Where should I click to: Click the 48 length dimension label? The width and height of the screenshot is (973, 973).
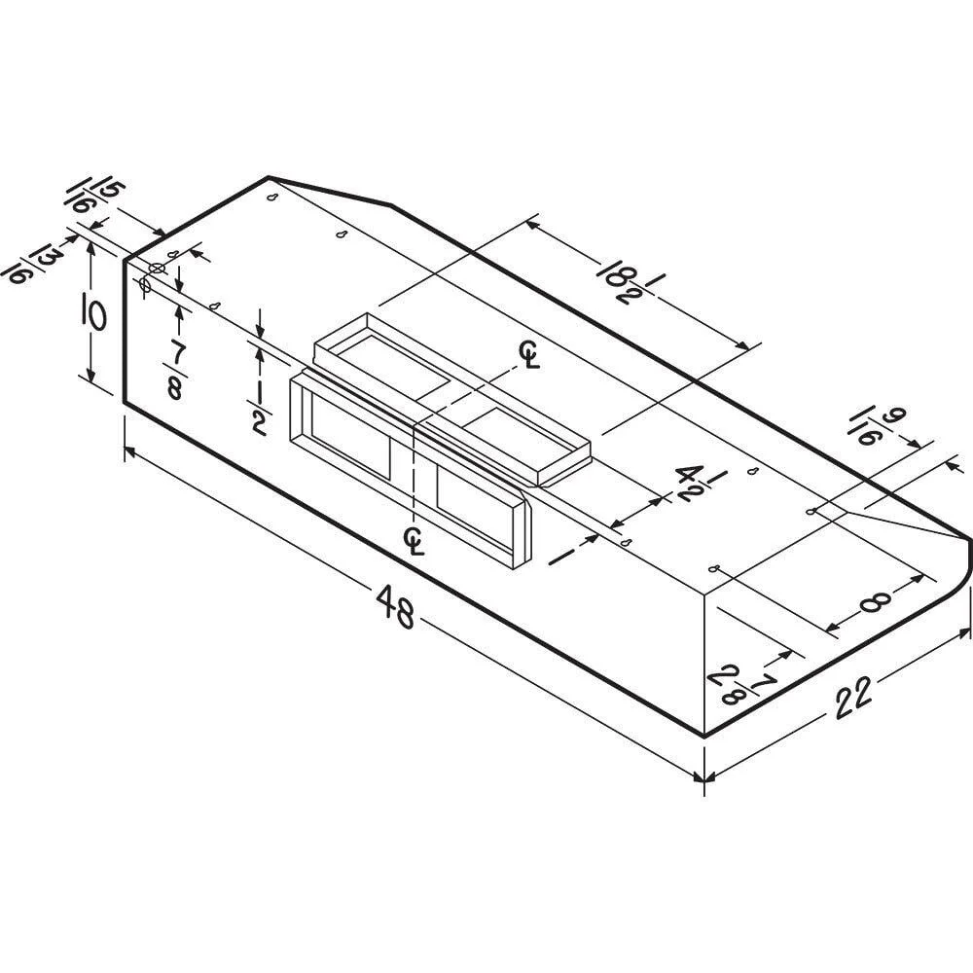395,606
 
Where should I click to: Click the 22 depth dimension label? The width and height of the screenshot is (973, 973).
853,697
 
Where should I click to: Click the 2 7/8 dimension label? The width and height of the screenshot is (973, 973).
740,683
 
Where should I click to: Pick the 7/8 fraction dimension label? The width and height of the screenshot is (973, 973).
175,371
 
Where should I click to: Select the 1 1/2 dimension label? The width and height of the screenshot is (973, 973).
260,407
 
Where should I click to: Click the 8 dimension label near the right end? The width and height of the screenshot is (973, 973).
876,600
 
